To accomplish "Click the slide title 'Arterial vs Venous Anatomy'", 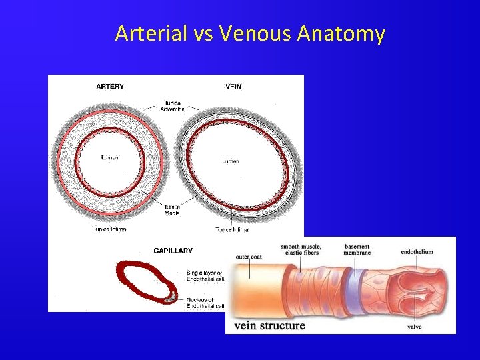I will (x=249, y=33).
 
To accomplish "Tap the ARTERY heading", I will (x=110, y=87).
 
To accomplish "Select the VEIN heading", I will (x=233, y=87).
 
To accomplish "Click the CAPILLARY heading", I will (x=173, y=251).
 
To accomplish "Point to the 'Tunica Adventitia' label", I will (x=172, y=106).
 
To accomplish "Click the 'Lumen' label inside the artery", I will (x=109, y=158).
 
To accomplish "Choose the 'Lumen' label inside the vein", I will (x=231, y=161).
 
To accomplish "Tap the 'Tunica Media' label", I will (x=172, y=210).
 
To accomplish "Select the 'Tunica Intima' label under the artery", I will (x=110, y=229).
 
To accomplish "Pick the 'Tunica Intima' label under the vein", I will (x=231, y=229).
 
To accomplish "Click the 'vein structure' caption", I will (x=269, y=326).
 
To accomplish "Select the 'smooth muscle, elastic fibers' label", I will (x=300, y=249).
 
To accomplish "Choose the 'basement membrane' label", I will (x=357, y=249).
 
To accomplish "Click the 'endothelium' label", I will (x=417, y=252).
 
